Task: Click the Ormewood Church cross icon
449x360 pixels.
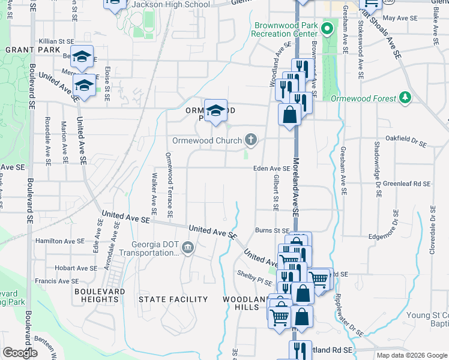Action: tap(251, 140)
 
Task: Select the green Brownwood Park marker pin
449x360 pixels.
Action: tap(327, 29)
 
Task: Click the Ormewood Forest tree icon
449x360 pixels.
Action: tap(406, 98)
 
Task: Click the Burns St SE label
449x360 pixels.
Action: tap(273, 230)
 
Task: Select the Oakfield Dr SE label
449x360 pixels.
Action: tap(406, 144)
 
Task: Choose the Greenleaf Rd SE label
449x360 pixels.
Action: tap(407, 184)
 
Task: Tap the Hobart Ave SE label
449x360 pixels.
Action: tap(74, 268)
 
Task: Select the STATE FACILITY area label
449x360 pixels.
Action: tap(173, 299)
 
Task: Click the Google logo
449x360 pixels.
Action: tap(20, 352)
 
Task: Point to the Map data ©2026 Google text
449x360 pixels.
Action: tap(412, 355)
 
